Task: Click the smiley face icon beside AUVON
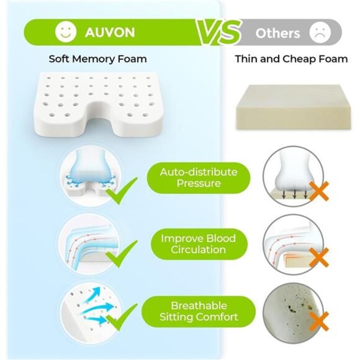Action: tap(66, 32)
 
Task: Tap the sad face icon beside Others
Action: tap(320, 32)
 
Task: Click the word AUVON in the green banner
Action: tap(110, 32)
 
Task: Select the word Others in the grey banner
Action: tap(277, 34)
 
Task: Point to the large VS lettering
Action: tap(218, 32)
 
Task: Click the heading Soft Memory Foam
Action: tap(98, 59)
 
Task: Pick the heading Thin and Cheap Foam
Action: tap(291, 59)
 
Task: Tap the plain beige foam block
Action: tap(294, 107)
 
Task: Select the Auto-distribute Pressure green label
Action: tap(199, 178)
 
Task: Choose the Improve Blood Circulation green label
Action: tap(199, 244)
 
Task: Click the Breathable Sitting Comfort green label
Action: tap(199, 312)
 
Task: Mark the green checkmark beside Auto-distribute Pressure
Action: tap(121, 191)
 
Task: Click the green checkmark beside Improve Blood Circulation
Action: tap(121, 254)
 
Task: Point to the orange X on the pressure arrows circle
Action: tap(320, 191)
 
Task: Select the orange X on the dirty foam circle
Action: tap(320, 322)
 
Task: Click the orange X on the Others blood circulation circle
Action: tap(320, 258)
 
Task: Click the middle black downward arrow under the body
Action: tap(295, 194)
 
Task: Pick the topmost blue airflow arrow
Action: tap(93, 294)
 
